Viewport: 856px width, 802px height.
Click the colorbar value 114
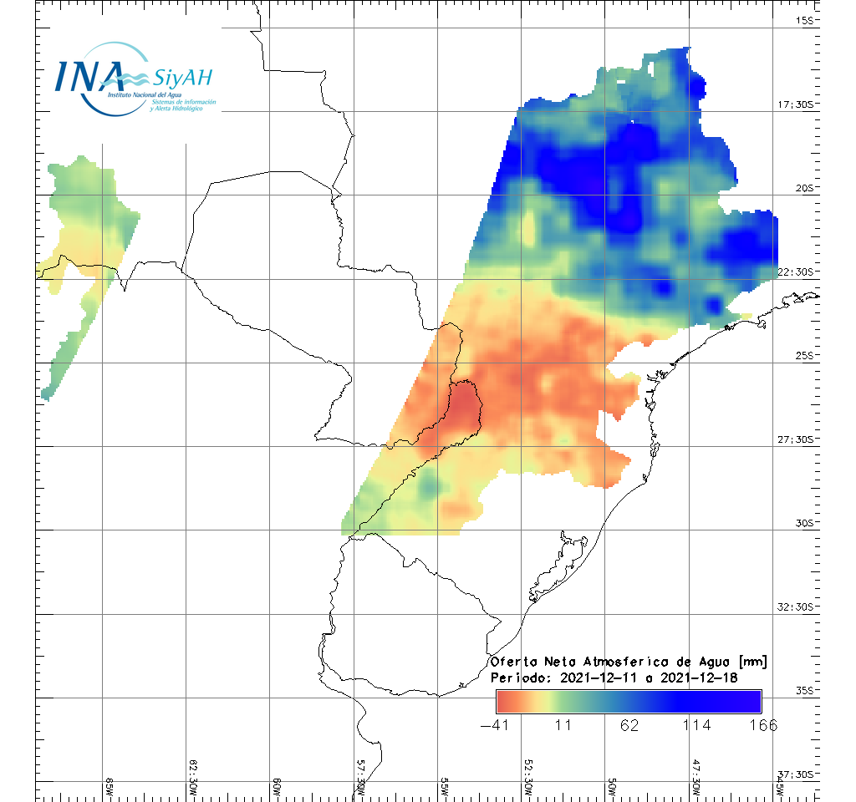(x=697, y=725)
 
